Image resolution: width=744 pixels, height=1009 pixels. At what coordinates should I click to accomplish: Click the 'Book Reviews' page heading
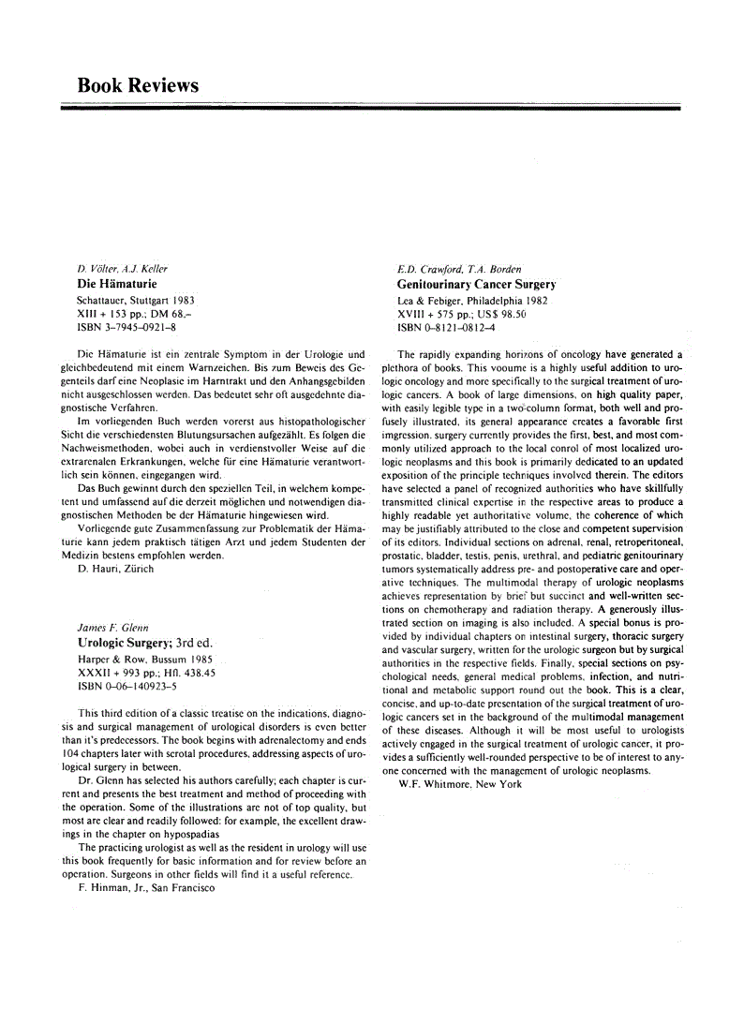pyautogui.click(x=138, y=85)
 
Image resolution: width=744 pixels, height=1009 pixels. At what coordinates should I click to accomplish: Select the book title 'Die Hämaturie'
pyautogui.click(x=116, y=283)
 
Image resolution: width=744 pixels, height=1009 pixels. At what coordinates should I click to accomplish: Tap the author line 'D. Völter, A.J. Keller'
pyautogui.click(x=122, y=269)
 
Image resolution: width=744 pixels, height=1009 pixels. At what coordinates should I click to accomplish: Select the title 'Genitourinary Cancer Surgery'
pyautogui.click(x=476, y=283)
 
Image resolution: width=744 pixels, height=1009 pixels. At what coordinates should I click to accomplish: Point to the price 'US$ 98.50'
pyautogui.click(x=499, y=314)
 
